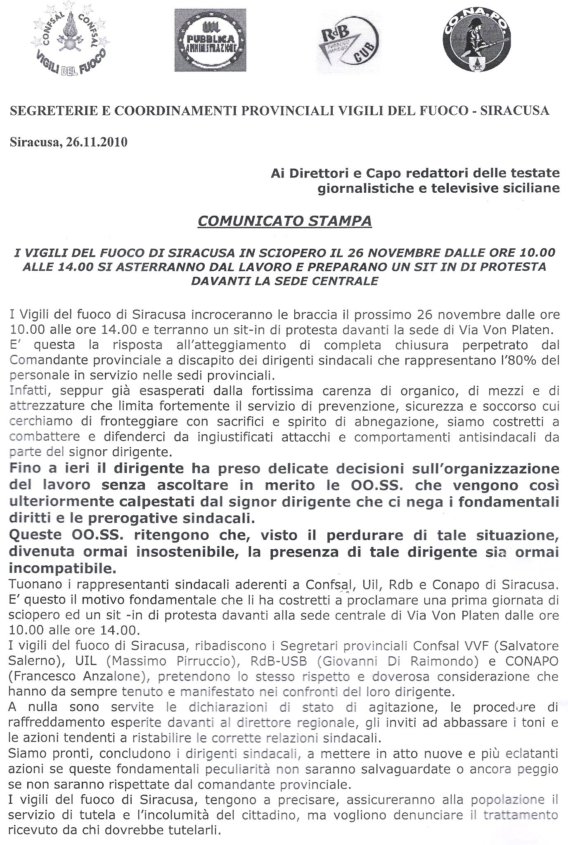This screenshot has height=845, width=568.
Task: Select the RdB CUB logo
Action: [x=349, y=42]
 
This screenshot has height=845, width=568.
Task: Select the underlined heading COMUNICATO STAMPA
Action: [x=284, y=221]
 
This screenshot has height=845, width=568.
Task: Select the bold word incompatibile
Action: [x=62, y=569]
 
